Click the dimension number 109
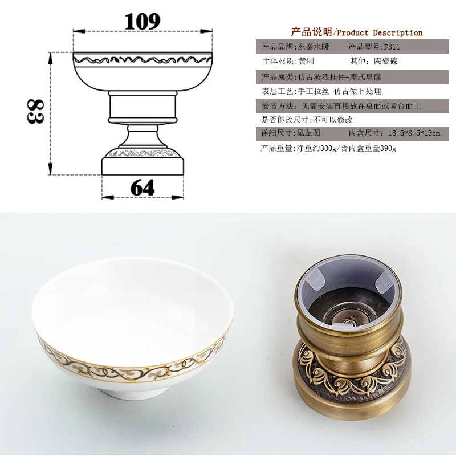[142, 21]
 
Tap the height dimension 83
[35, 111]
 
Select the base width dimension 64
[142, 188]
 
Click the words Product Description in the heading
[380, 32]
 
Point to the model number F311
[392, 47]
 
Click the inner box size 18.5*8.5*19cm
[414, 133]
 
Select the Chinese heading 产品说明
[311, 32]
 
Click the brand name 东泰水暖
[313, 47]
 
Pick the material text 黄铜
[306, 61]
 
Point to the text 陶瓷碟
[386, 61]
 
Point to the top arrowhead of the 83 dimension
[50, 59]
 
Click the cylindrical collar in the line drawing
[142, 107]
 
